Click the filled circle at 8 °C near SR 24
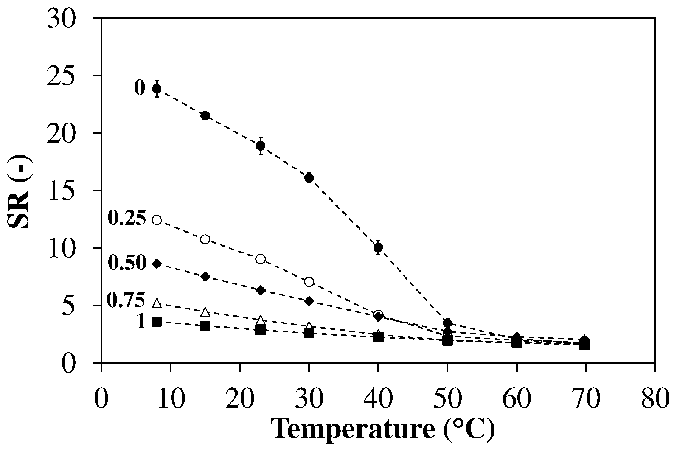point(157,89)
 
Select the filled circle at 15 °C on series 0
point(205,116)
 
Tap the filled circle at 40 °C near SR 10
point(378,248)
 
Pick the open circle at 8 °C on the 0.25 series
point(157,220)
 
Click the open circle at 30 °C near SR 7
point(309,282)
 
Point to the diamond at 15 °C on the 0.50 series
point(205,277)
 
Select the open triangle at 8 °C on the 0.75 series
point(157,303)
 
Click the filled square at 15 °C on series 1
point(205,326)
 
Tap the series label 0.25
point(127,218)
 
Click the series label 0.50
point(127,263)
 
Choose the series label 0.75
point(126,300)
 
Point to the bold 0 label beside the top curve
point(140,88)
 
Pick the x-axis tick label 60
point(516,400)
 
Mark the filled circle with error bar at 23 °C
point(260,146)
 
